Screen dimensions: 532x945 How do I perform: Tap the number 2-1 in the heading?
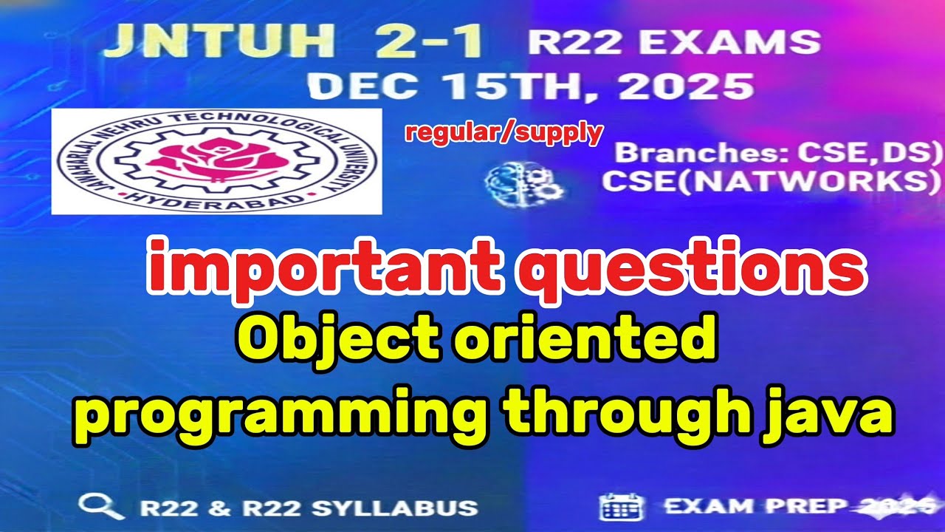[430, 43]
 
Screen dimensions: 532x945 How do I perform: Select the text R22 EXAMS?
[673, 42]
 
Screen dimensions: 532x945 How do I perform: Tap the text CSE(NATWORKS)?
[765, 182]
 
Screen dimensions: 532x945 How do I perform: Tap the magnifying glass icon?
[101, 507]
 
